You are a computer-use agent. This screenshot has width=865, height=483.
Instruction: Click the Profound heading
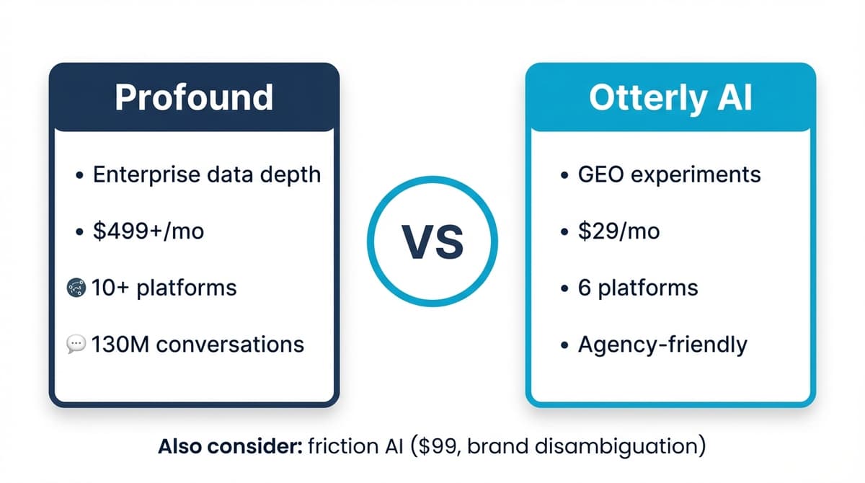coord(194,97)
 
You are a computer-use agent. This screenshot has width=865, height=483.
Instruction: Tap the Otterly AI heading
coord(671,99)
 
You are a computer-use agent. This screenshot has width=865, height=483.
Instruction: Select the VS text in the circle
coord(432,242)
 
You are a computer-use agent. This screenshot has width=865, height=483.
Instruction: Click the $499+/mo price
coord(148,231)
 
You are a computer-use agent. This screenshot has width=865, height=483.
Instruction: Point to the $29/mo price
coord(618,231)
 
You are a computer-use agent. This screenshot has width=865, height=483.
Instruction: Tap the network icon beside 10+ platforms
coord(76,288)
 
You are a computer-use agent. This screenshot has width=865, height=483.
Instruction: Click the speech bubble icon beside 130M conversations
coord(76,344)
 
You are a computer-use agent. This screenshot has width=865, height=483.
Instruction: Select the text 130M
coord(120,345)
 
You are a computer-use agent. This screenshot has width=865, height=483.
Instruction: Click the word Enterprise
coord(147,175)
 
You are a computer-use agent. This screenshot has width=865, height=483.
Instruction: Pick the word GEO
coord(601,174)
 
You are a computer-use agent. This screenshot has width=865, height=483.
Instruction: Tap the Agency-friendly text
coord(662,345)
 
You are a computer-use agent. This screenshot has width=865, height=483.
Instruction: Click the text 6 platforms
coord(638,288)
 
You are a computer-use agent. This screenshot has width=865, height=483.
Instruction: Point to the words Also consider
coord(230,446)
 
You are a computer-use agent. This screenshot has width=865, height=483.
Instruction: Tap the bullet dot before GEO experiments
coord(564,175)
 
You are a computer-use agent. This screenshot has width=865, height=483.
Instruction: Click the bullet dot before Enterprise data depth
coord(79,175)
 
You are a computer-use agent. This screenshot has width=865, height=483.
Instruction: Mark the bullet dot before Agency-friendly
coord(564,345)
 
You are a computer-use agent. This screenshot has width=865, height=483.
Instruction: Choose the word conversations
coord(230,345)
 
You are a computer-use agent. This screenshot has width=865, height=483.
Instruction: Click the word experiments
coord(696,175)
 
